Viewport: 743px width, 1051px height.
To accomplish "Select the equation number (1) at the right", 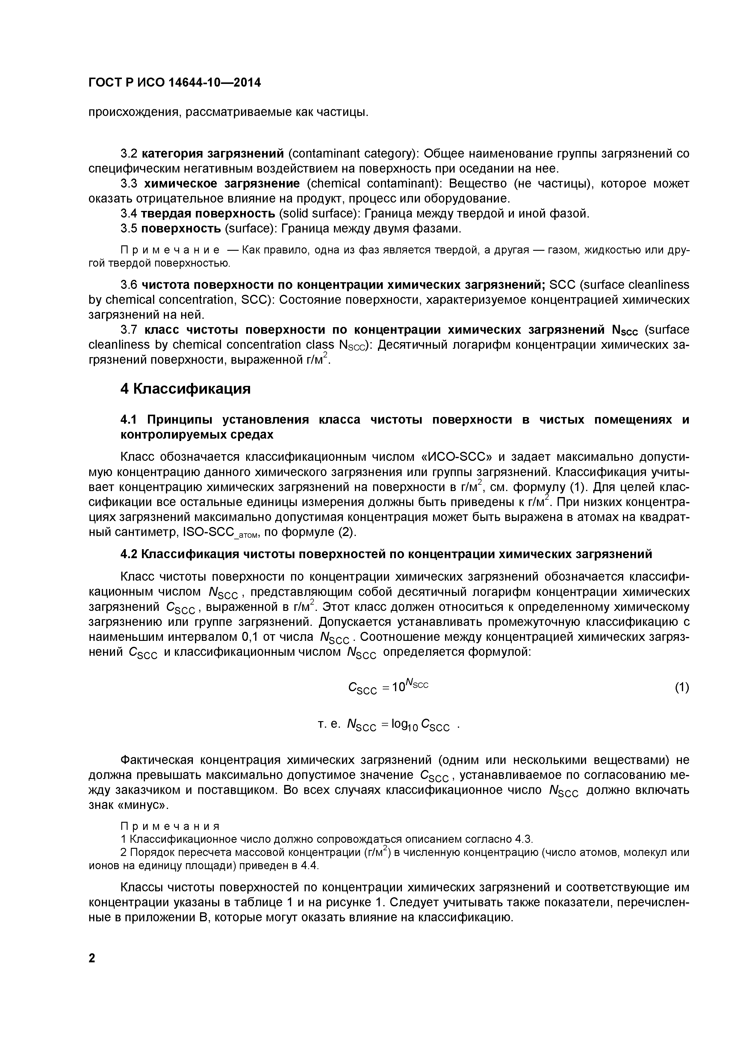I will [x=681, y=687].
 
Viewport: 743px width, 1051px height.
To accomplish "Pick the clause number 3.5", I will [x=128, y=228].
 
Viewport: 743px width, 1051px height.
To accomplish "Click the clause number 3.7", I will [x=128, y=330].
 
